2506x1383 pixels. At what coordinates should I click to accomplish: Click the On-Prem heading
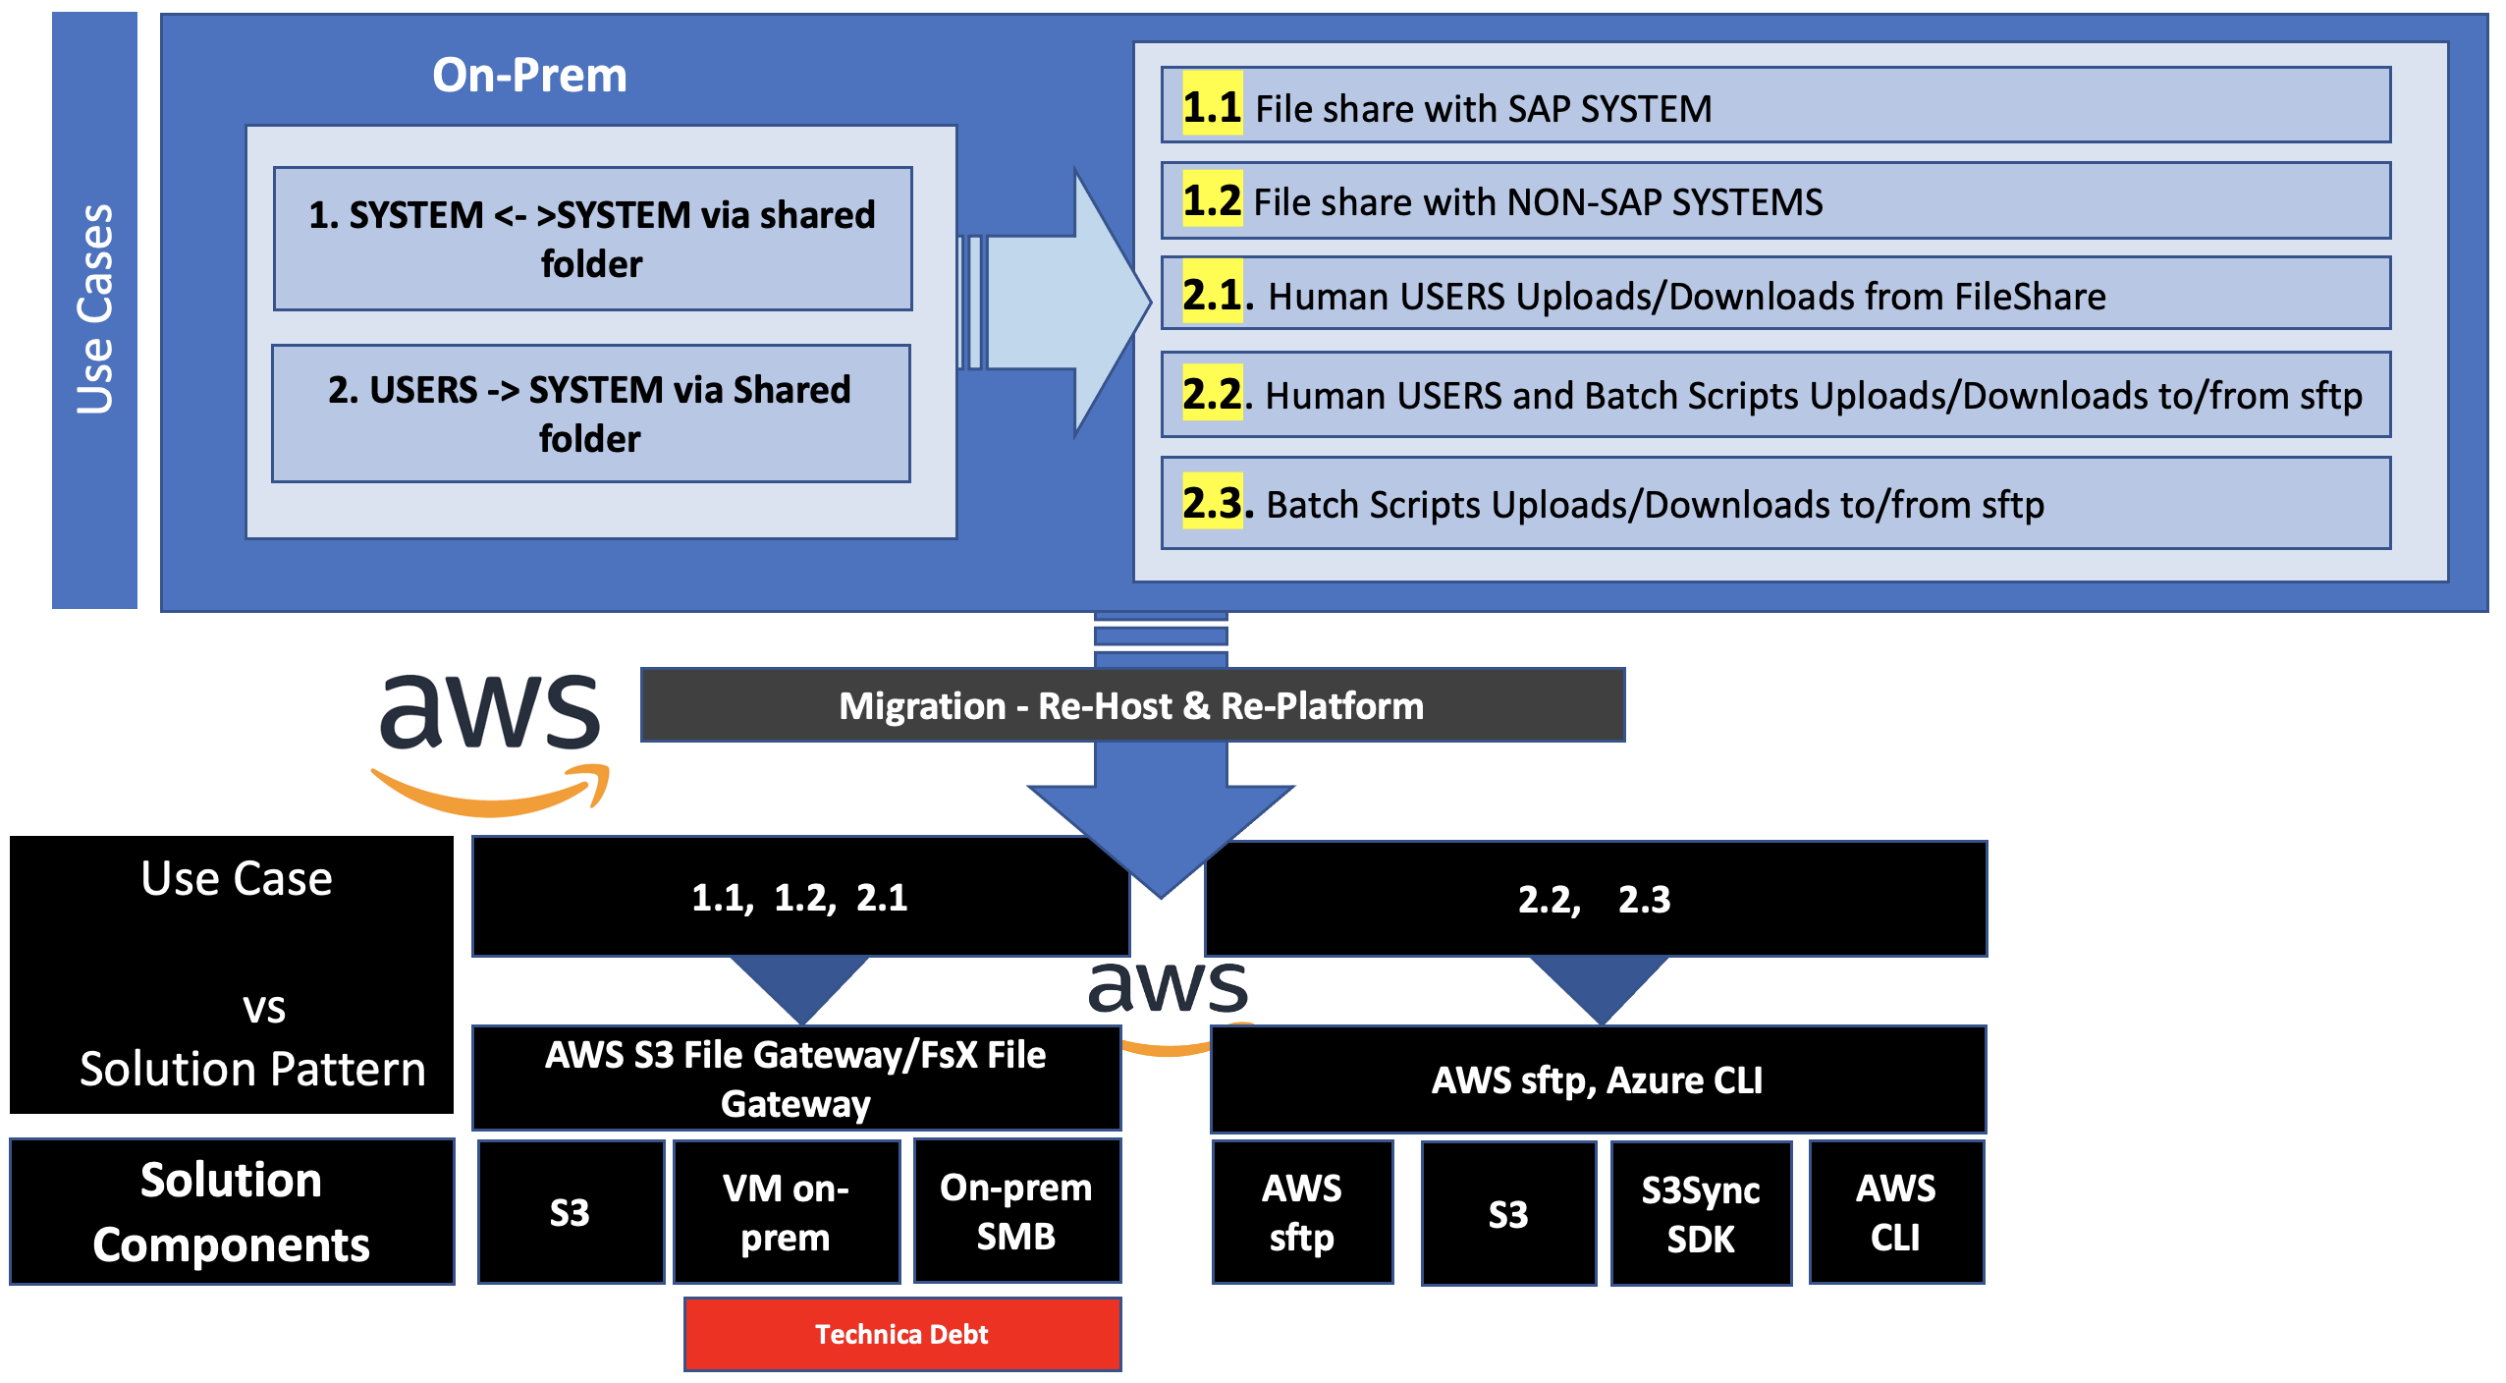click(529, 75)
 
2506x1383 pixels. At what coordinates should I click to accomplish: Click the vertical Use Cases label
click(94, 309)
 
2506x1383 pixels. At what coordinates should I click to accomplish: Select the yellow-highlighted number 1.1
click(1212, 106)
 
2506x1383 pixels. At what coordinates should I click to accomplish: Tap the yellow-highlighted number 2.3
click(1212, 503)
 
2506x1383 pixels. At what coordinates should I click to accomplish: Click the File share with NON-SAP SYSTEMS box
click(1775, 201)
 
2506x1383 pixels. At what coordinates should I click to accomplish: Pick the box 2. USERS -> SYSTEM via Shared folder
click(590, 414)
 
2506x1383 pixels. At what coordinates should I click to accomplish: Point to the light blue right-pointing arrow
click(1061, 302)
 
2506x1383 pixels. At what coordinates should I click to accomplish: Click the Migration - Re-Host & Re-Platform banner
click(1131, 705)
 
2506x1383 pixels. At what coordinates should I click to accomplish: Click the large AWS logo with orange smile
click(490, 742)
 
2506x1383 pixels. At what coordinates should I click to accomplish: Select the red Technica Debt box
click(901, 1334)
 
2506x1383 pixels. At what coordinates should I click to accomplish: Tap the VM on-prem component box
click(786, 1212)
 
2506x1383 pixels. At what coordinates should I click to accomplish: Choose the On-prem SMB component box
click(1016, 1211)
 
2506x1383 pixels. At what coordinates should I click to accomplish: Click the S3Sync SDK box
click(1701, 1213)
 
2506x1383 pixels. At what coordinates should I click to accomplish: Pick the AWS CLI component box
click(1895, 1212)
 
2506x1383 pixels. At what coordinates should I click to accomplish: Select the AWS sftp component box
click(1302, 1212)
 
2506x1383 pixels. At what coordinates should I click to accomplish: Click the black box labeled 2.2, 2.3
click(1595, 899)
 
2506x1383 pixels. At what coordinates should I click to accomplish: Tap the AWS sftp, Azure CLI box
click(1598, 1079)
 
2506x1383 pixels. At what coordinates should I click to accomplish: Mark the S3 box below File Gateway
click(570, 1212)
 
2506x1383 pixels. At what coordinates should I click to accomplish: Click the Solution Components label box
click(232, 1212)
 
